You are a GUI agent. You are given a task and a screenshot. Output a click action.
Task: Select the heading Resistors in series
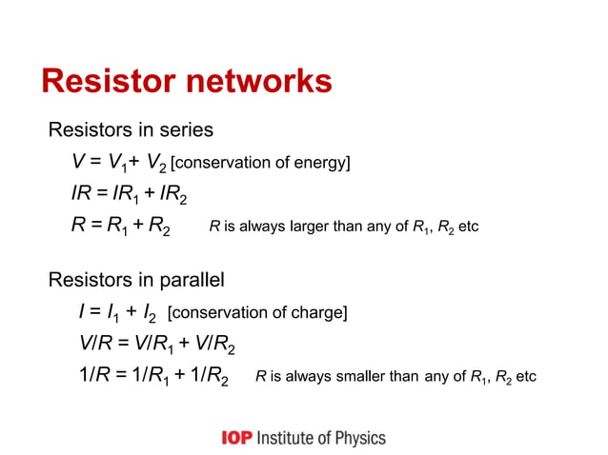coord(131,129)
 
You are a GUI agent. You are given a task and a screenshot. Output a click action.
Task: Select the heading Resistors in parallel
coord(136,280)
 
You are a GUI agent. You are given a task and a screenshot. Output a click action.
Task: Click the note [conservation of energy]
coord(260,163)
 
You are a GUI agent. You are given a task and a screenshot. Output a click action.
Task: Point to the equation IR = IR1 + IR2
coord(129,195)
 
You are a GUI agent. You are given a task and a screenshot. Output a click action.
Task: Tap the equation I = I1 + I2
coord(119,312)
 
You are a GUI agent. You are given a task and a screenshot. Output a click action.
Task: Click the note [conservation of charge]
coord(257,312)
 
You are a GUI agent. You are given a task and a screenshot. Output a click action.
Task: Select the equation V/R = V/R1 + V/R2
coord(156,345)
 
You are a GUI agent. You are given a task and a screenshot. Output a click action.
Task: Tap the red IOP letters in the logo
coord(236,438)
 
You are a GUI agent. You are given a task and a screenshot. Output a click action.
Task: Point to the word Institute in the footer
coord(284,438)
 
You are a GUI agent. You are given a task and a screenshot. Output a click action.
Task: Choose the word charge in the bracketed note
coord(321,312)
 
